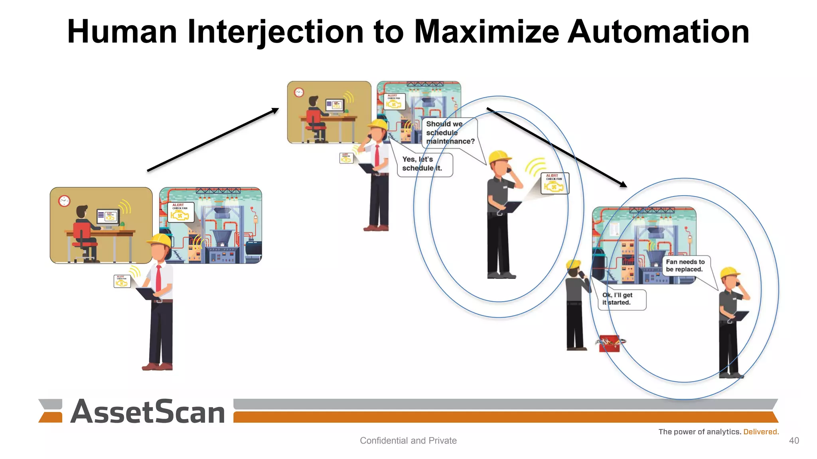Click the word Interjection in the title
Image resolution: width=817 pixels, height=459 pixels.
(275, 32)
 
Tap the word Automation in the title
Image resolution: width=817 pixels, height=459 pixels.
(658, 32)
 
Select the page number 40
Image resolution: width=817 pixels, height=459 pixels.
(794, 440)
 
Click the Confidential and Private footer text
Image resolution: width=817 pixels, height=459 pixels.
(408, 440)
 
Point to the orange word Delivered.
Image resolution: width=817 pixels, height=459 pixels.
(761, 432)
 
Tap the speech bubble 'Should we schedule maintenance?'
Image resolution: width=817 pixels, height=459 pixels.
(450, 133)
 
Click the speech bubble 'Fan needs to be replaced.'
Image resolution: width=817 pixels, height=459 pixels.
(685, 265)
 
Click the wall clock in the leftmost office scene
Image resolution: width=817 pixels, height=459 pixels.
(64, 201)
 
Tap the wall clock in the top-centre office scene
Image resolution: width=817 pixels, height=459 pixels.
(299, 92)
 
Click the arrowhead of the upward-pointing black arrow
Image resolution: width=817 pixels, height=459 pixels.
(275, 110)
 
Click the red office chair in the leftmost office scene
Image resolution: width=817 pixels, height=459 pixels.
(83, 239)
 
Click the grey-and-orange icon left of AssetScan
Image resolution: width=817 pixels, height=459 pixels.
(51, 411)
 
